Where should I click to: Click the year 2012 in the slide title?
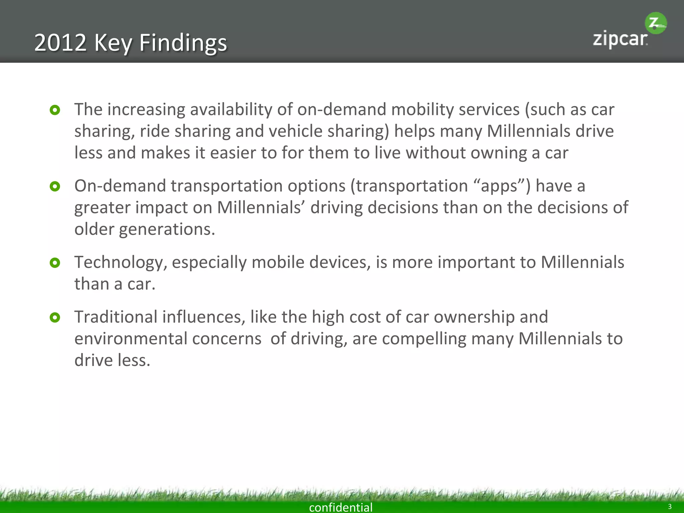click(60, 43)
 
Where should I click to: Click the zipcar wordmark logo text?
click(620, 39)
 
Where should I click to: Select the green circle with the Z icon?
click(656, 23)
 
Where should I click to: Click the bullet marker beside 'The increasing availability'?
click(55, 110)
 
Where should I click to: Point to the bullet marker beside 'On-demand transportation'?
click(55, 186)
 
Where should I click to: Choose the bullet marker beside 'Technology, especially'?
click(55, 263)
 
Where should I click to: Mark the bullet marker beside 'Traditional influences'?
click(55, 317)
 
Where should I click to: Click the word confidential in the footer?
click(341, 507)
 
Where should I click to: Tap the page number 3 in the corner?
click(669, 506)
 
